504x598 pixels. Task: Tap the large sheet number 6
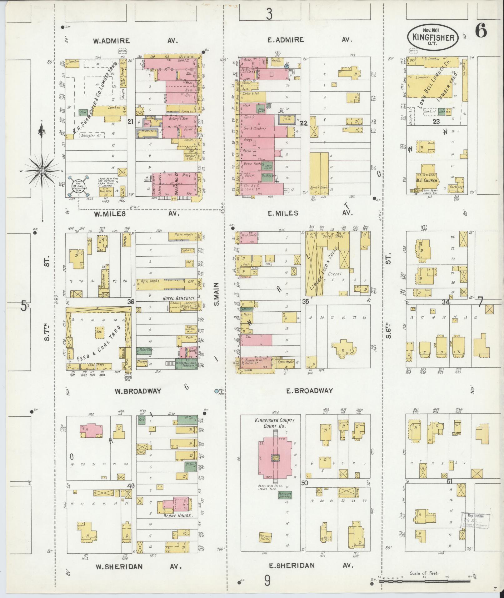point(481,31)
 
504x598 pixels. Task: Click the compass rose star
point(42,171)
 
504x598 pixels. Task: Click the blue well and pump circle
point(216,391)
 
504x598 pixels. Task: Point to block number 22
point(304,123)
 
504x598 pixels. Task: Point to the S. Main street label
point(217,294)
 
